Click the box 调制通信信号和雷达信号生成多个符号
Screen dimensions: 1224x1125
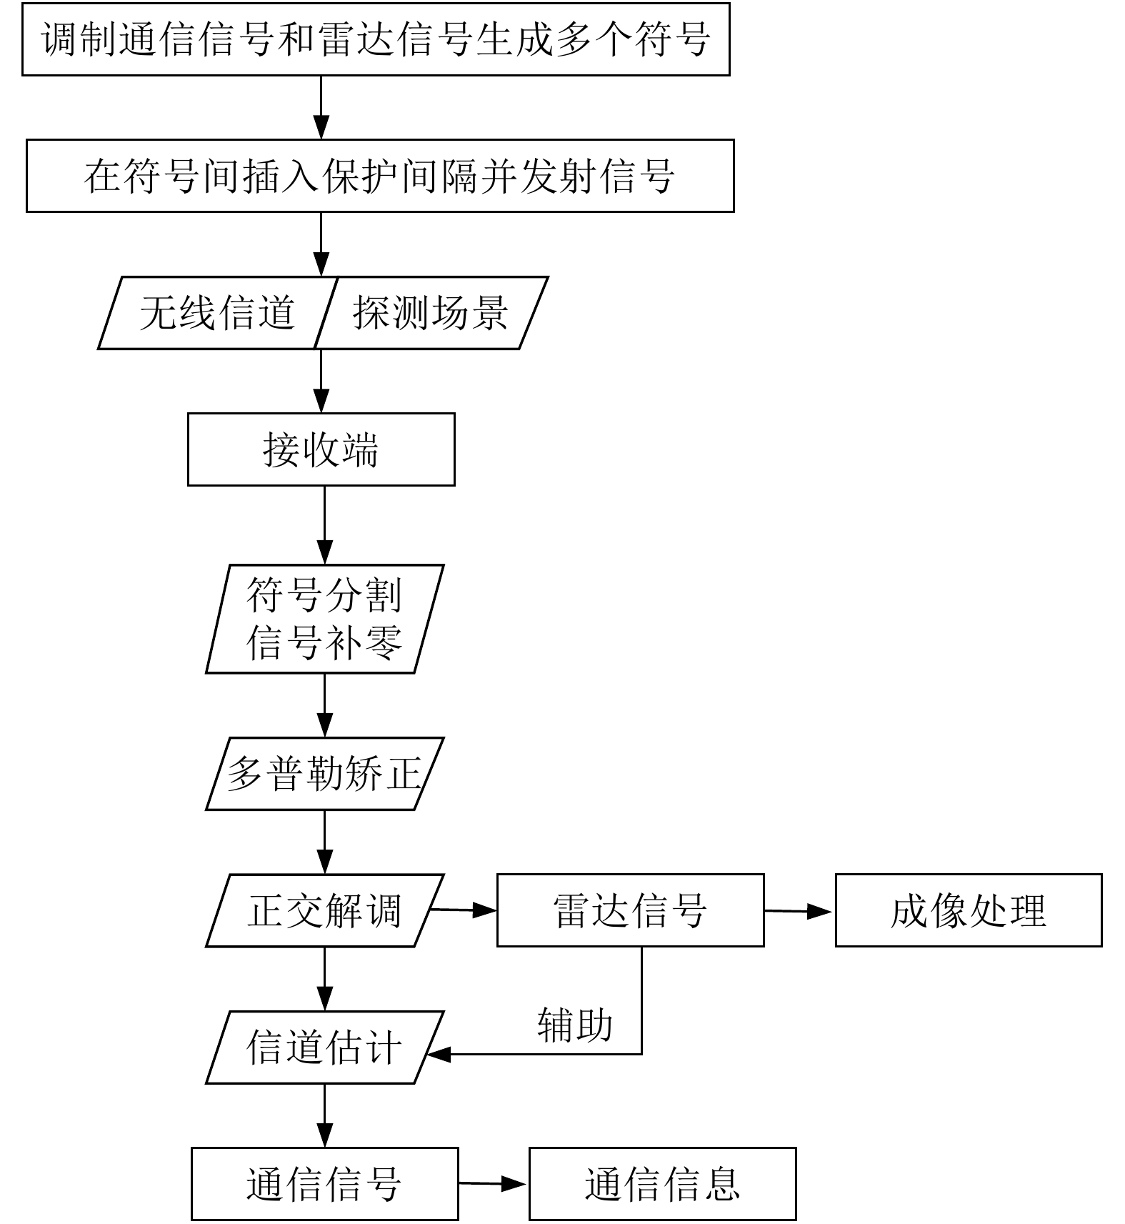[x=376, y=39]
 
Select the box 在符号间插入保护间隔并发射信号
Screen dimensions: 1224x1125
[x=380, y=176]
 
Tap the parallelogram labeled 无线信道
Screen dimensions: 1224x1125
[x=216, y=313]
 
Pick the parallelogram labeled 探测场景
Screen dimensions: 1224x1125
[x=431, y=313]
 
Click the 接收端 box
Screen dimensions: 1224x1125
[x=321, y=449]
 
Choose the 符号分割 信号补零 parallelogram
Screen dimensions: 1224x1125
[x=324, y=619]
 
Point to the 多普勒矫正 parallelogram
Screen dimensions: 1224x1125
[x=324, y=774]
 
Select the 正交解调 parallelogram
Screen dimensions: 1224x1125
[x=324, y=910]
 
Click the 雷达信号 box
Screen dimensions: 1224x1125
[x=630, y=910]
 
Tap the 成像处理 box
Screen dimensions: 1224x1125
[x=969, y=910]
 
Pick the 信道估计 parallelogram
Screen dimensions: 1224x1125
[x=324, y=1048]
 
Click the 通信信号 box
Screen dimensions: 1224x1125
[x=324, y=1184]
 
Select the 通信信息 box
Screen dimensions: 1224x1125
[x=662, y=1184]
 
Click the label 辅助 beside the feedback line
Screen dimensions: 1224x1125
[x=575, y=1025]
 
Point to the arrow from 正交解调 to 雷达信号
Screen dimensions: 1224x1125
[x=464, y=910]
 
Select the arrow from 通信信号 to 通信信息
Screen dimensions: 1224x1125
[x=493, y=1184]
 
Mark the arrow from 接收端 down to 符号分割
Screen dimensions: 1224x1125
[x=324, y=525]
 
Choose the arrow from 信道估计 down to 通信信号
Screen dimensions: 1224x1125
[x=324, y=1115]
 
